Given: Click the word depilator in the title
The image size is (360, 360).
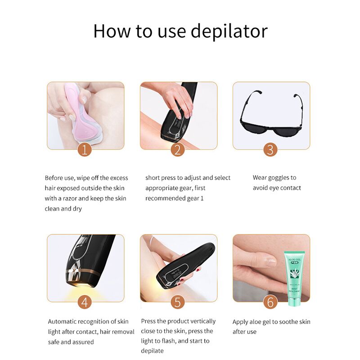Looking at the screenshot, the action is point(229,31).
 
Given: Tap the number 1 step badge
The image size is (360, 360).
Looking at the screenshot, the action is point(85,149).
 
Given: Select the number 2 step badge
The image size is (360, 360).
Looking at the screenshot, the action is point(178,149).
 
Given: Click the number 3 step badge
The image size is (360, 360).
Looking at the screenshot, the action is point(270,149).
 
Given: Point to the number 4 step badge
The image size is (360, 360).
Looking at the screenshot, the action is point(85,302).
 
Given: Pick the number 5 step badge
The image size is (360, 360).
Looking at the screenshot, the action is point(178,302).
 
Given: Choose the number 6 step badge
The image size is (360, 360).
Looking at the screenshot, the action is point(270,302).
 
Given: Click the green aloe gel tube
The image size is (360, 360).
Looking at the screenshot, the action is point(295,278).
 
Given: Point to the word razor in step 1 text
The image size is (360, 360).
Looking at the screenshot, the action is point(70,198).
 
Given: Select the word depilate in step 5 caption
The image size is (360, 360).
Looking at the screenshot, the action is point(152,351).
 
